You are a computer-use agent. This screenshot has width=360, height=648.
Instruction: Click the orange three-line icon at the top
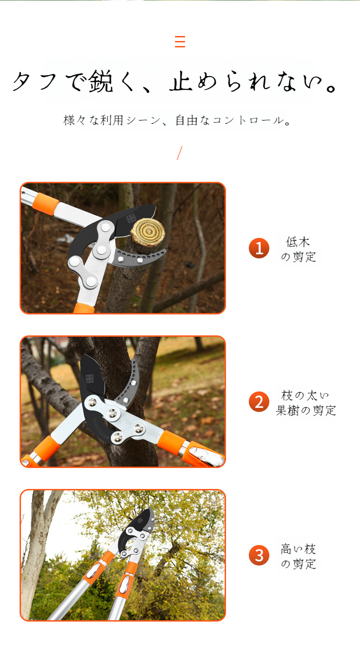point(180,41)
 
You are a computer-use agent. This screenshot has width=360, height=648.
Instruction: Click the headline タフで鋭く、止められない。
point(175,82)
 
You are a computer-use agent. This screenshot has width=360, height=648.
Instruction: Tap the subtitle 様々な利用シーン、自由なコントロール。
point(178,121)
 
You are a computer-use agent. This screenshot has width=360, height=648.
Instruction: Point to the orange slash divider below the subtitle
point(180,153)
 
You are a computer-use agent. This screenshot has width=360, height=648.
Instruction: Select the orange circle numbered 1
point(259,248)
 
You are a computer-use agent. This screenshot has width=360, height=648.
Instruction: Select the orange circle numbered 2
point(259,402)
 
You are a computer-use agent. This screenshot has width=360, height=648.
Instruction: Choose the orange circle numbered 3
point(259,555)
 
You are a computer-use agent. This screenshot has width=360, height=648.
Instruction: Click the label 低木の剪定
point(298,249)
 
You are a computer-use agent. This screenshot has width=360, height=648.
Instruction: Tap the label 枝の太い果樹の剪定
point(306,402)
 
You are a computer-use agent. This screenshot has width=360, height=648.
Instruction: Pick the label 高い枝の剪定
point(298,556)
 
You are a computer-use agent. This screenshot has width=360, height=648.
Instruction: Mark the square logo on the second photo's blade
point(89,378)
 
